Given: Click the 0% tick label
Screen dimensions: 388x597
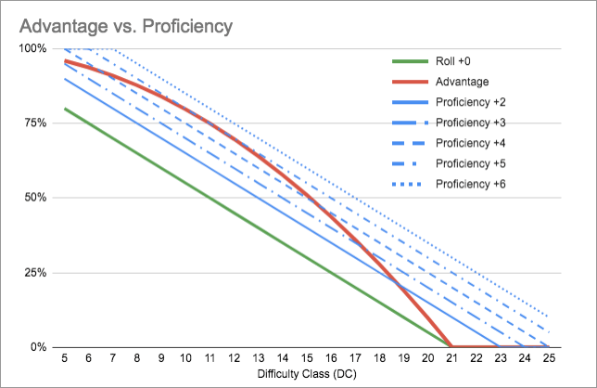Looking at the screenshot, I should pyautogui.click(x=38, y=347).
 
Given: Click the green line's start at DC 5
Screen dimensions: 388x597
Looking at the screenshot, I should pyautogui.click(x=64, y=109).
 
